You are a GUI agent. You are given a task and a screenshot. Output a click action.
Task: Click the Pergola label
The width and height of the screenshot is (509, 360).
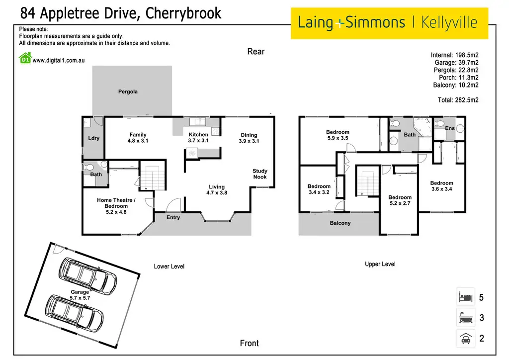point(128,91)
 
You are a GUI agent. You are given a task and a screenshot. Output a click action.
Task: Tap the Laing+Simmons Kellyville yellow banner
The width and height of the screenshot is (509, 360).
point(389,23)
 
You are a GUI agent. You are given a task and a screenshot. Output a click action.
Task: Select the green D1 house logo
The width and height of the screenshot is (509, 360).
point(25,59)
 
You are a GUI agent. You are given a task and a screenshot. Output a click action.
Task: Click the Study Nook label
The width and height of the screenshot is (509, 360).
point(259,174)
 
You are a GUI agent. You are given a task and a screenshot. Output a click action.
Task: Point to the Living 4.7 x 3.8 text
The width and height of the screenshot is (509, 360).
point(217,189)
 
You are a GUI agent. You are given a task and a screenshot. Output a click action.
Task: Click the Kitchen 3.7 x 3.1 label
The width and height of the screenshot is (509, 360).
point(198,137)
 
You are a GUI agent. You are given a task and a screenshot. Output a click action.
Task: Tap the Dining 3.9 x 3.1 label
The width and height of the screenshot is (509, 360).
point(249,138)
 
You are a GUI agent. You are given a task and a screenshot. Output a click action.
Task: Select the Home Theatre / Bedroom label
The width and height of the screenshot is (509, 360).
point(116,206)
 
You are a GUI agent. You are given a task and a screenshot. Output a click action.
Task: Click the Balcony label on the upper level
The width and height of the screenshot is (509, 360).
point(340,223)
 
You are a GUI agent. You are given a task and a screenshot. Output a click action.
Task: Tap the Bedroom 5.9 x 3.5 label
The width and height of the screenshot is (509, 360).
point(338,135)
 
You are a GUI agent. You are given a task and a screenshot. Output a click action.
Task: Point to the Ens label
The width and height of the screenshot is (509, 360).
point(449,128)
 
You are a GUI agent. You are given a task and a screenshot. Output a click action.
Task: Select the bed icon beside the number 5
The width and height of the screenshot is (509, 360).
point(466,297)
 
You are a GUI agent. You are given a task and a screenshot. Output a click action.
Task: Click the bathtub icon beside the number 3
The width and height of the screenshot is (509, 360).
point(466,317)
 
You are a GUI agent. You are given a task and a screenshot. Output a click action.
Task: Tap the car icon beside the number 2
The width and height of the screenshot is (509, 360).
point(466,339)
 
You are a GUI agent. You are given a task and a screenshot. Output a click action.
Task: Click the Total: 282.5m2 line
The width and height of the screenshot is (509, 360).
point(458,100)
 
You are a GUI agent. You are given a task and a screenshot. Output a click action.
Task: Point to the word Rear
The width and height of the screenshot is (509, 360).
point(256,52)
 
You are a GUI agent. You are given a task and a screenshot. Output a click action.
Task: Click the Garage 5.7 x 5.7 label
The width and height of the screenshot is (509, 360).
point(80,295)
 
